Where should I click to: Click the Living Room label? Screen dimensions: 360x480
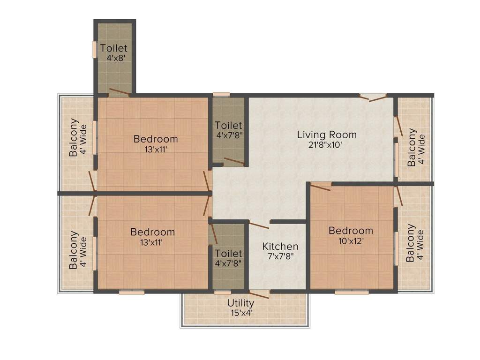pos(327,135)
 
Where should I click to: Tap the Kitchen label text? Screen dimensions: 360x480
pos(280,246)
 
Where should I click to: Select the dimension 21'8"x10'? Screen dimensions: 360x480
pos(327,145)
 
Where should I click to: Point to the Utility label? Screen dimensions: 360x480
pos(240,303)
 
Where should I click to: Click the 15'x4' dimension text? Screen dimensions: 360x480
pos(240,313)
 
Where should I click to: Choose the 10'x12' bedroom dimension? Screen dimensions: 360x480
pos(351,241)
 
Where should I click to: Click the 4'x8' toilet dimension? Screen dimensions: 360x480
pos(114,58)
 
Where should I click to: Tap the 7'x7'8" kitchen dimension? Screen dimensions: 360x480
pos(280,256)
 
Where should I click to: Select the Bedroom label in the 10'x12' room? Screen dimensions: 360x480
pos(351,231)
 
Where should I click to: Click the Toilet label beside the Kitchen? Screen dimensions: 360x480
pos(228,254)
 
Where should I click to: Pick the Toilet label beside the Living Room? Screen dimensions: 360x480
pos(228,125)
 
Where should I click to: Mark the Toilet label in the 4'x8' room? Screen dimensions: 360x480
pos(114,48)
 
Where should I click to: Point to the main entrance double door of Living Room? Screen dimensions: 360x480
pos(373,97)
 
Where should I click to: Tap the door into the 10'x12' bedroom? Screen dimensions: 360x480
pos(320,187)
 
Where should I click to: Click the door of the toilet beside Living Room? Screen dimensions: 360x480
pos(233,162)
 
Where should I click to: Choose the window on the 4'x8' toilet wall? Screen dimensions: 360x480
pos(95,49)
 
